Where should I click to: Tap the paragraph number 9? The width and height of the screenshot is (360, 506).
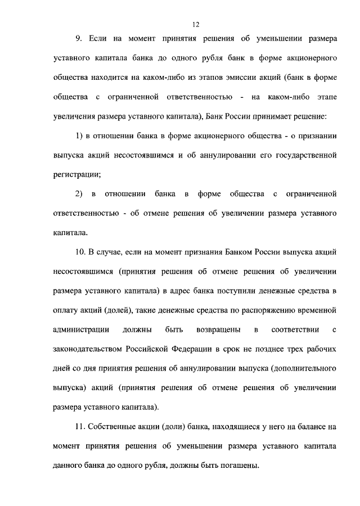(x=78, y=39)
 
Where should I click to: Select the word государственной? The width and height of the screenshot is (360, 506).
(x=302, y=155)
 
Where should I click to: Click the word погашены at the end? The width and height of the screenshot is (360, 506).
(x=237, y=465)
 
